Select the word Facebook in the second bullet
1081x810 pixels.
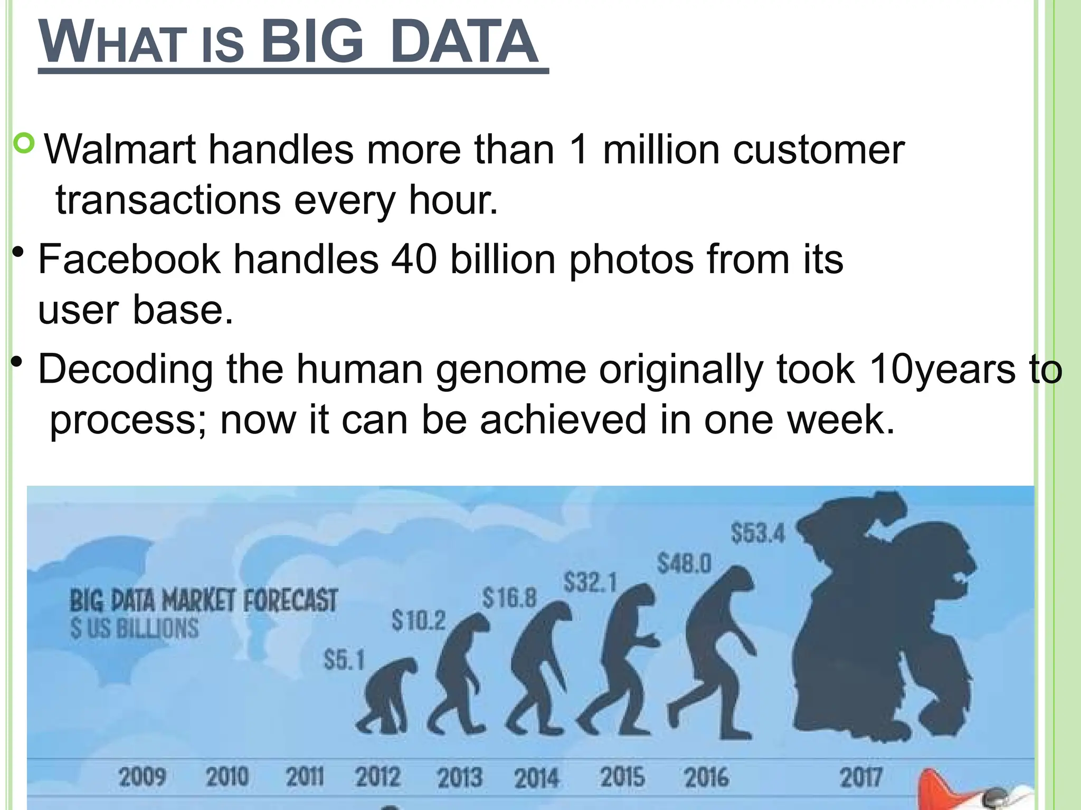(129, 259)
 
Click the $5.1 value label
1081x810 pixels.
(344, 660)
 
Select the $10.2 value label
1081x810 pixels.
(419, 621)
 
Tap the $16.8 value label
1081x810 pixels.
(509, 598)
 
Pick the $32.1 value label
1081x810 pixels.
(590, 583)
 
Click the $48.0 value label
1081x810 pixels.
(684, 563)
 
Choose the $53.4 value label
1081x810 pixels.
(758, 533)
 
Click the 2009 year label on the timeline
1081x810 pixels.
(142, 777)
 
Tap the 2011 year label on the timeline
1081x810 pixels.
(305, 777)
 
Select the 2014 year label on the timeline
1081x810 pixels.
(536, 778)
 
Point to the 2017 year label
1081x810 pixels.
(861, 777)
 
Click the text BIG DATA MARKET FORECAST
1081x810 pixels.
(203, 601)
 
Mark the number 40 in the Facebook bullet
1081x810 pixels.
(414, 259)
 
